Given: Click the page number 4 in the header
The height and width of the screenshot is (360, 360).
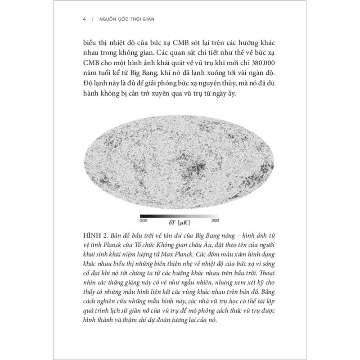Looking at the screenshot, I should tap(84, 19).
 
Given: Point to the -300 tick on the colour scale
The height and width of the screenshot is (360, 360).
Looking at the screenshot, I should tap(143, 220).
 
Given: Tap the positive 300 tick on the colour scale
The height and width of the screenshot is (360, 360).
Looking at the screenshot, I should tap(215, 220).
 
